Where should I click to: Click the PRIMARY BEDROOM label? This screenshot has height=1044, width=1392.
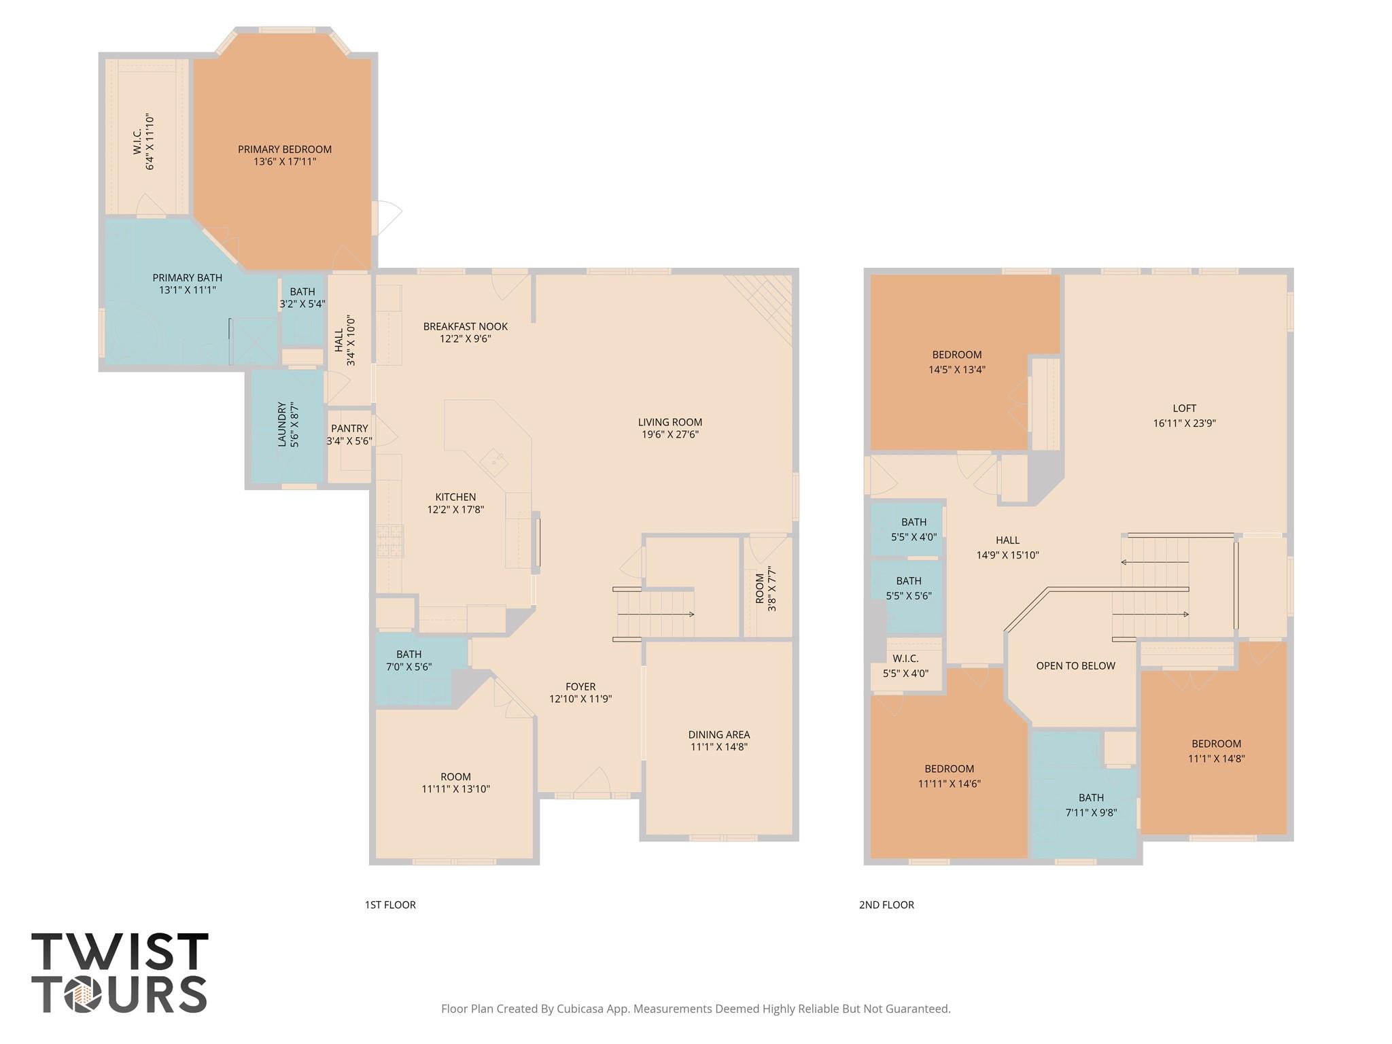coord(285,150)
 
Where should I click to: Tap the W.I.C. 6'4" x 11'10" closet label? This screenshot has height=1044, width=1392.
coord(143,142)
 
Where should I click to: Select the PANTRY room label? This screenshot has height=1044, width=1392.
coord(349,428)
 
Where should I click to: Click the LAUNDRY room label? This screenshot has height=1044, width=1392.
coord(282,425)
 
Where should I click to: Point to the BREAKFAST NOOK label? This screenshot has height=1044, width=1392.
coord(465,326)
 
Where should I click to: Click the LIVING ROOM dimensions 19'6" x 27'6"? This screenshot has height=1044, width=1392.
coord(669,434)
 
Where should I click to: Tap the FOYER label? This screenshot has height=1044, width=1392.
coord(580,686)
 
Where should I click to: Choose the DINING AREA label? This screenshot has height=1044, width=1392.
coord(718,734)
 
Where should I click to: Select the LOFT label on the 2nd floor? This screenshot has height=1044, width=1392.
coord(1184,408)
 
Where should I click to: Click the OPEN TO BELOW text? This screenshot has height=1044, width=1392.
coord(1075,666)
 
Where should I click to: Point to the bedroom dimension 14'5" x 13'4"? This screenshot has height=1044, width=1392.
coord(956,370)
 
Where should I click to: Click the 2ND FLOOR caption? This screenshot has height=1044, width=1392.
coord(886,905)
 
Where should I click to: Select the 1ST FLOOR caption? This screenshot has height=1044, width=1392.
coord(390,905)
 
